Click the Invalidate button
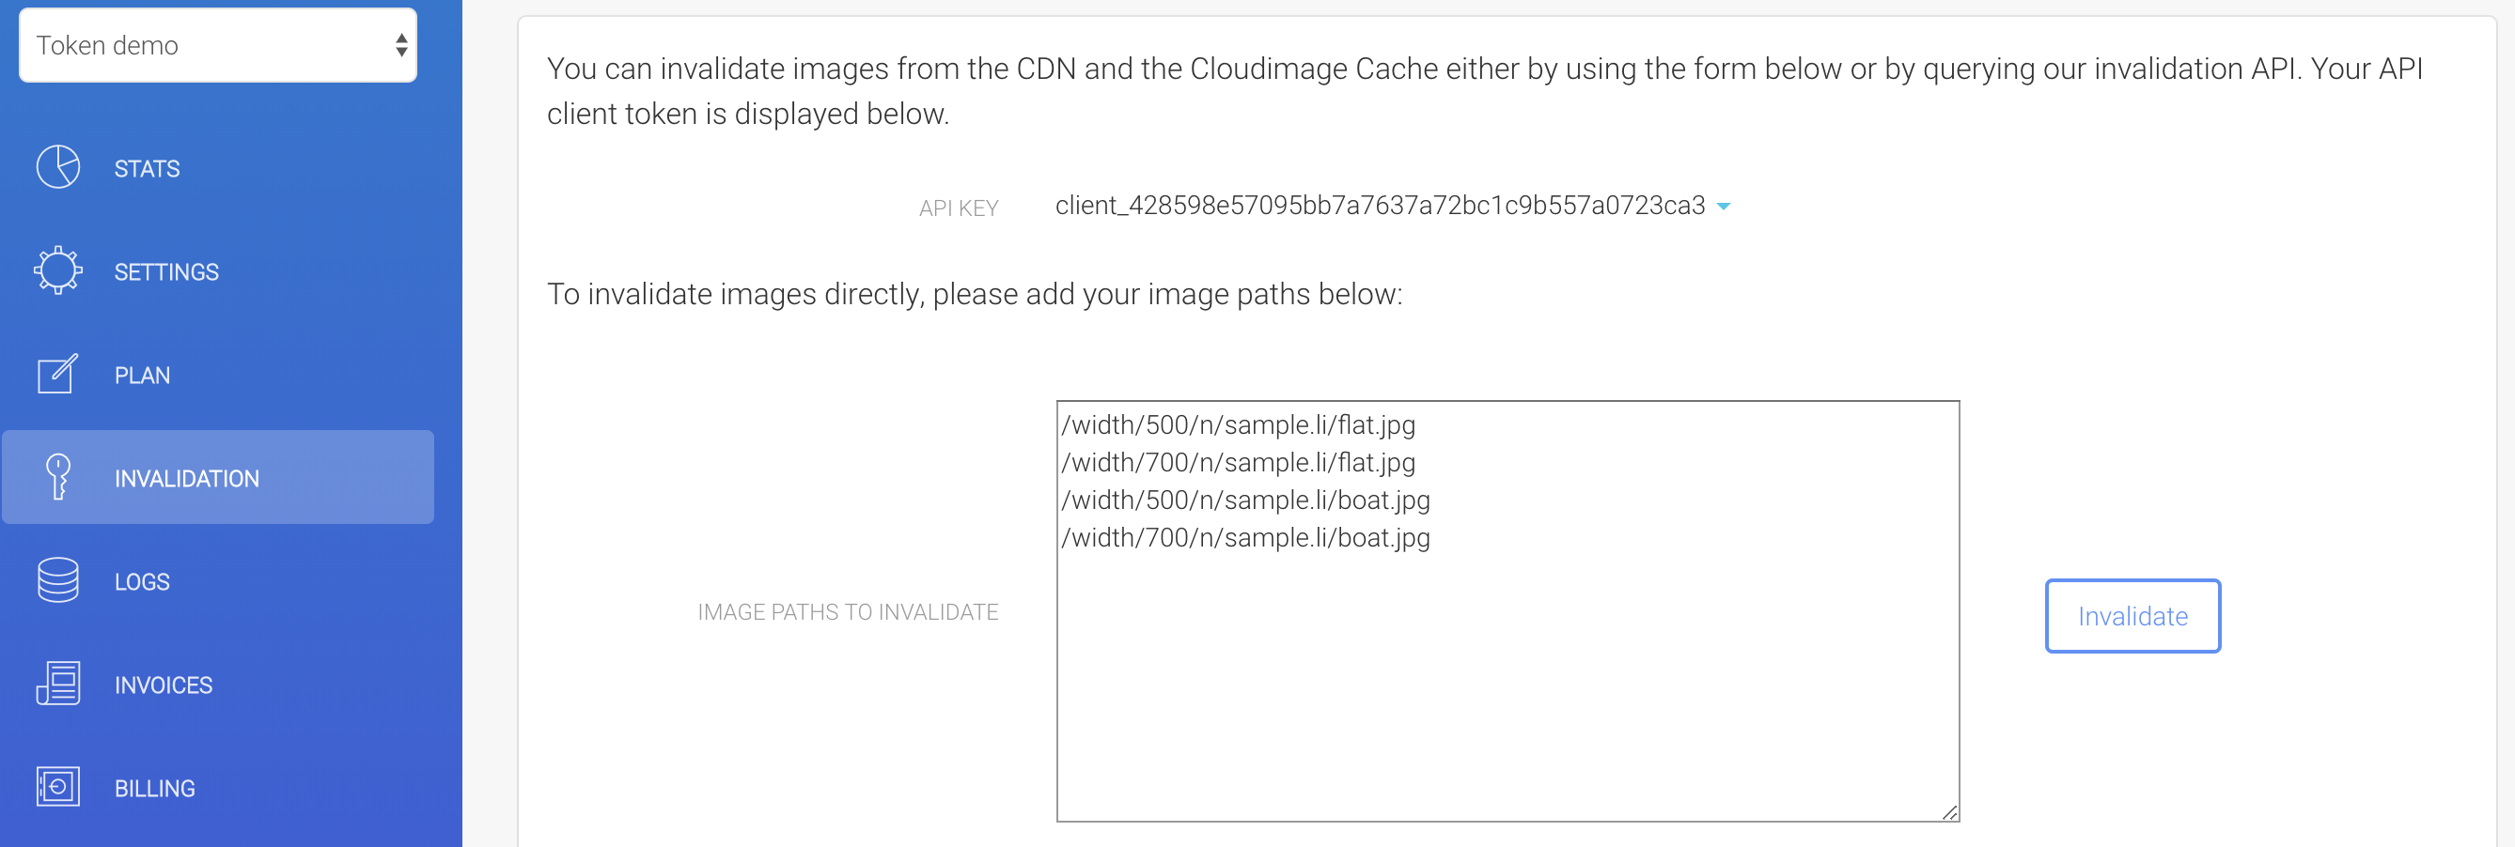pyautogui.click(x=2132, y=616)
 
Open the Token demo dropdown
pyautogui.click(x=218, y=45)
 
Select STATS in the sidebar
pyautogui.click(x=147, y=169)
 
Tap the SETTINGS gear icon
pyautogui.click(x=57, y=270)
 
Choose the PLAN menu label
pyautogui.click(x=143, y=376)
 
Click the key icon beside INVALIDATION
pyautogui.click(x=58, y=477)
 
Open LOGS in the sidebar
pyautogui.click(x=142, y=582)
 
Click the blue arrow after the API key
pyautogui.click(x=1724, y=207)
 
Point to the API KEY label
pyautogui.click(x=958, y=208)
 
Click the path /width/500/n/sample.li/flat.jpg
pyautogui.click(x=1238, y=425)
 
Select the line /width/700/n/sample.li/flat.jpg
pyautogui.click(x=1238, y=463)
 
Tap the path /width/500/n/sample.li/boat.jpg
pyautogui.click(x=1246, y=500)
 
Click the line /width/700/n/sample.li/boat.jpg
pyautogui.click(x=1246, y=538)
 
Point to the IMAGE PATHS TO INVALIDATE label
pyautogui.click(x=848, y=612)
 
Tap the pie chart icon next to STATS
pyautogui.click(x=57, y=167)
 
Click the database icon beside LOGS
pyautogui.click(x=57, y=580)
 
